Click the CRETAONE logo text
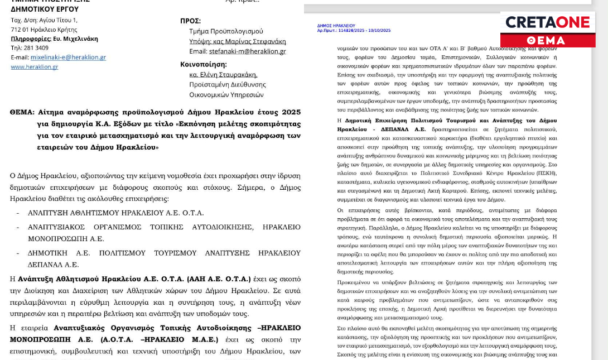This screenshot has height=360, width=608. click(x=547, y=22)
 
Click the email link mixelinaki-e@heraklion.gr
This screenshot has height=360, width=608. click(x=68, y=57)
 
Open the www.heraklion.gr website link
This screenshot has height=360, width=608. click(x=35, y=67)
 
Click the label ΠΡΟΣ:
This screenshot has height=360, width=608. click(x=190, y=21)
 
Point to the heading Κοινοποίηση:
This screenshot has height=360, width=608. click(x=204, y=64)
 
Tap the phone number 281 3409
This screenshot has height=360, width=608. click(x=35, y=47)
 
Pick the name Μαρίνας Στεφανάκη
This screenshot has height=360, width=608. click(x=259, y=41)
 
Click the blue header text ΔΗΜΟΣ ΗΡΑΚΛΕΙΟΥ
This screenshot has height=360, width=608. click(x=336, y=26)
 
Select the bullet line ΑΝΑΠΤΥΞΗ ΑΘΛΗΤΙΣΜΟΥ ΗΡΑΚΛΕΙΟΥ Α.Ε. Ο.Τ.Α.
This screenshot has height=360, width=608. click(x=116, y=213)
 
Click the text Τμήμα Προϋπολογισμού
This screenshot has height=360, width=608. click(x=226, y=31)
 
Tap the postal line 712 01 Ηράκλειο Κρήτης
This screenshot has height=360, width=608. click(x=44, y=29)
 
